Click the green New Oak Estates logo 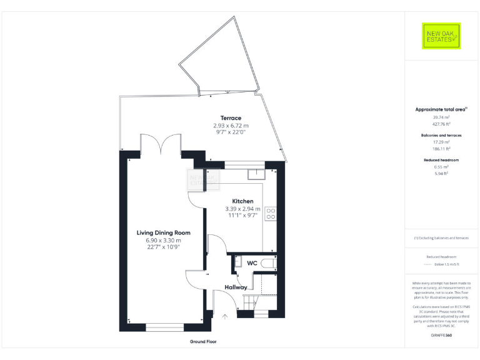(x=441, y=36)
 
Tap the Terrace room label (x=231, y=118)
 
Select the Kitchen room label (x=243, y=201)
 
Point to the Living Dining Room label (x=163, y=232)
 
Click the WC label (x=252, y=263)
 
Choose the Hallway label (x=236, y=287)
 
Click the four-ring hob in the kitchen (x=271, y=214)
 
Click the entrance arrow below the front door (x=225, y=316)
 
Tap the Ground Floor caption (x=203, y=342)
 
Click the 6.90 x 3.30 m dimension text (x=163, y=240)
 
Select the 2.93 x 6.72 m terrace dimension (x=231, y=125)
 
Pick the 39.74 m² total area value (x=441, y=117)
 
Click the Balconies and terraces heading (x=442, y=135)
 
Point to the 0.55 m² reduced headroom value (x=442, y=167)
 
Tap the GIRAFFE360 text (x=441, y=336)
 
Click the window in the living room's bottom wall (x=161, y=327)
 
